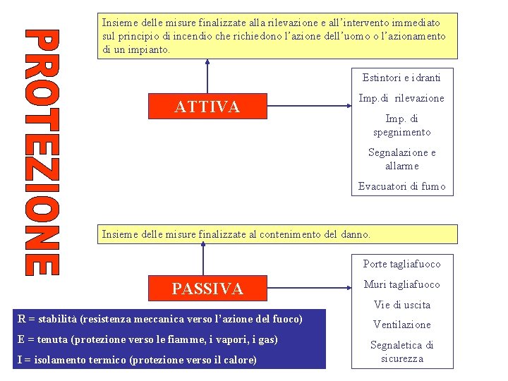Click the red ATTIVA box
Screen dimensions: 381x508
(x=207, y=107)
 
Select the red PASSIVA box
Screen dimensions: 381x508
(x=207, y=289)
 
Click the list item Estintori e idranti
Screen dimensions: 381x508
(x=401, y=78)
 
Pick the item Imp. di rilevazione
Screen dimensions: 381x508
(x=401, y=98)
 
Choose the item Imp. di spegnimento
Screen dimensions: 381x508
(x=401, y=125)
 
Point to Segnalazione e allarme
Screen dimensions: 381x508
(x=401, y=159)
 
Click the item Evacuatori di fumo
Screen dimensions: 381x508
(x=401, y=186)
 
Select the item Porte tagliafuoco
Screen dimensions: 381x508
(x=401, y=264)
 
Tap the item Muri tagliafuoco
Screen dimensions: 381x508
(x=401, y=284)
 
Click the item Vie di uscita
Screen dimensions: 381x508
(x=401, y=305)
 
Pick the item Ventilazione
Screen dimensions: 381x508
(x=401, y=325)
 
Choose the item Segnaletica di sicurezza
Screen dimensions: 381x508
(x=401, y=351)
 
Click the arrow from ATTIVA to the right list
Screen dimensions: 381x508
(x=310, y=107)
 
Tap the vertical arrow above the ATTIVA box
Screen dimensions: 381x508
(x=207, y=75)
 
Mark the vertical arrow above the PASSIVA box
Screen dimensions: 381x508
(x=203, y=258)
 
